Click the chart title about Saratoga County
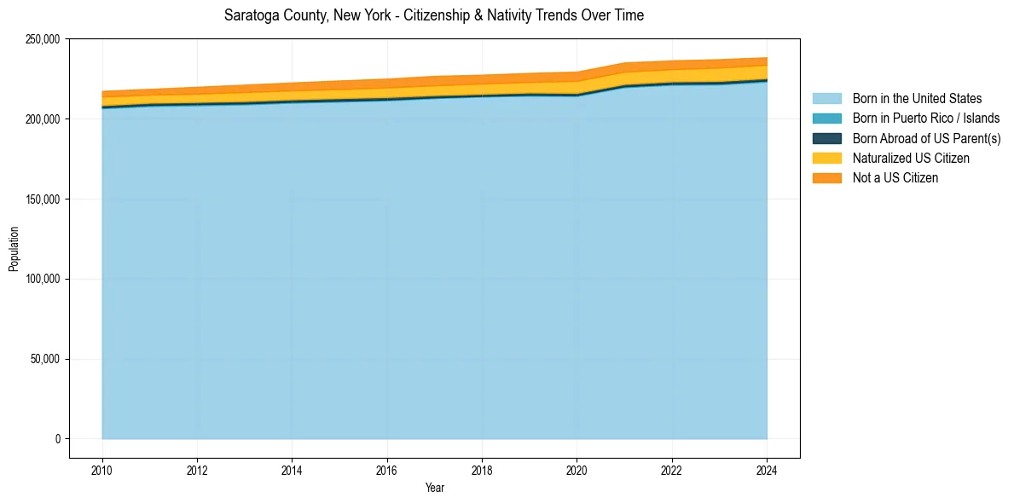pos(434,15)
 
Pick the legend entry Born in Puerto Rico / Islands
pos(926,119)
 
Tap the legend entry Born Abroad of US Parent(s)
pos(926,138)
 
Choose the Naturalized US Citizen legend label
pos(911,159)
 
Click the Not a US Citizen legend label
pos(895,178)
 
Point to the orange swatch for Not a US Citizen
pos(826,178)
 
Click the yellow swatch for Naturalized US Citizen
pos(826,159)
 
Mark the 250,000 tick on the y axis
pos(43,39)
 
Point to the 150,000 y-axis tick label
pos(43,199)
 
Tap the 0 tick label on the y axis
pos(58,439)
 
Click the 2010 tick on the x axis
pos(102,469)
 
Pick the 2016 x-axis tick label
pos(387,469)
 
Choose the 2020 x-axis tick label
pos(577,469)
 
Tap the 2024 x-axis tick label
pos(767,469)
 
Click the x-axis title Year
pos(434,489)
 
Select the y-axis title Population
pos(14,248)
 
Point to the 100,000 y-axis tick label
pos(43,280)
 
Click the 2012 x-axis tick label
pos(197,469)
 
